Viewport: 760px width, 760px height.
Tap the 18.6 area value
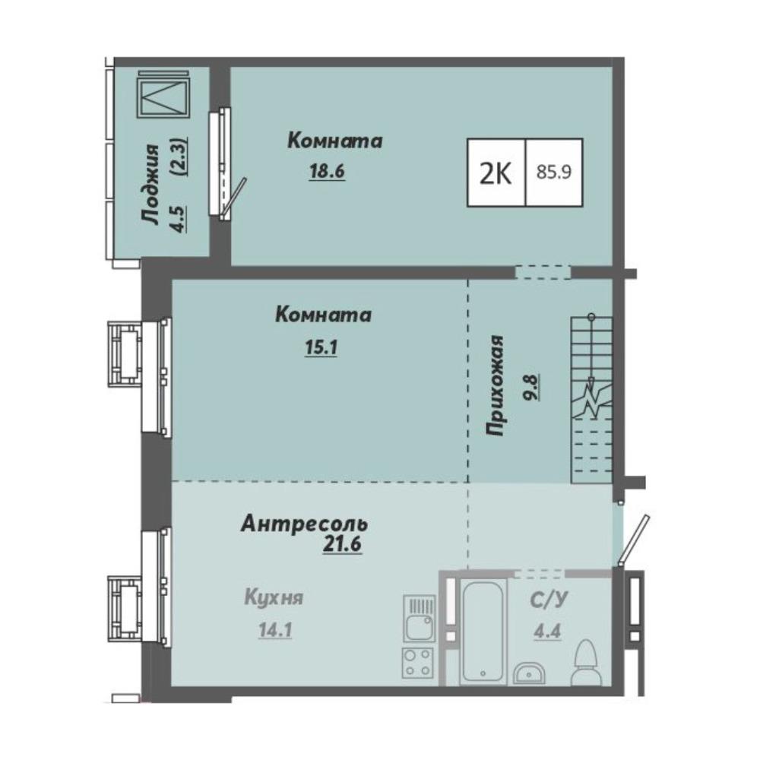coord(327,171)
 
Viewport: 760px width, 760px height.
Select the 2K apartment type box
coord(496,173)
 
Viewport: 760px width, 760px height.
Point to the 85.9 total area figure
coord(554,173)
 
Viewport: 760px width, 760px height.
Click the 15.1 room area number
coord(321,347)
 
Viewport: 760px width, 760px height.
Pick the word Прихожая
coord(496,385)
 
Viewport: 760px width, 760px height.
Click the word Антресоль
coord(305,524)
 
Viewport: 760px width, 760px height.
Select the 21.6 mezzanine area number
coord(342,544)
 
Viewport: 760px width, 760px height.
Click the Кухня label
coord(274,597)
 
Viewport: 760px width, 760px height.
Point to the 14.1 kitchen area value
coord(275,630)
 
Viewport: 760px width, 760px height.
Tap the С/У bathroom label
coord(549,600)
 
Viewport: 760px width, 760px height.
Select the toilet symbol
coord(585,662)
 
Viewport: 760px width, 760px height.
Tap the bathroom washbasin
coord(529,673)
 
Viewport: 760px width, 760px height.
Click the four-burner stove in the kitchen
coord(417,663)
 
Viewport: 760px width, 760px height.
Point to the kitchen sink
coord(420,619)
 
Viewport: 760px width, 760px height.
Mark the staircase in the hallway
coord(592,400)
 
